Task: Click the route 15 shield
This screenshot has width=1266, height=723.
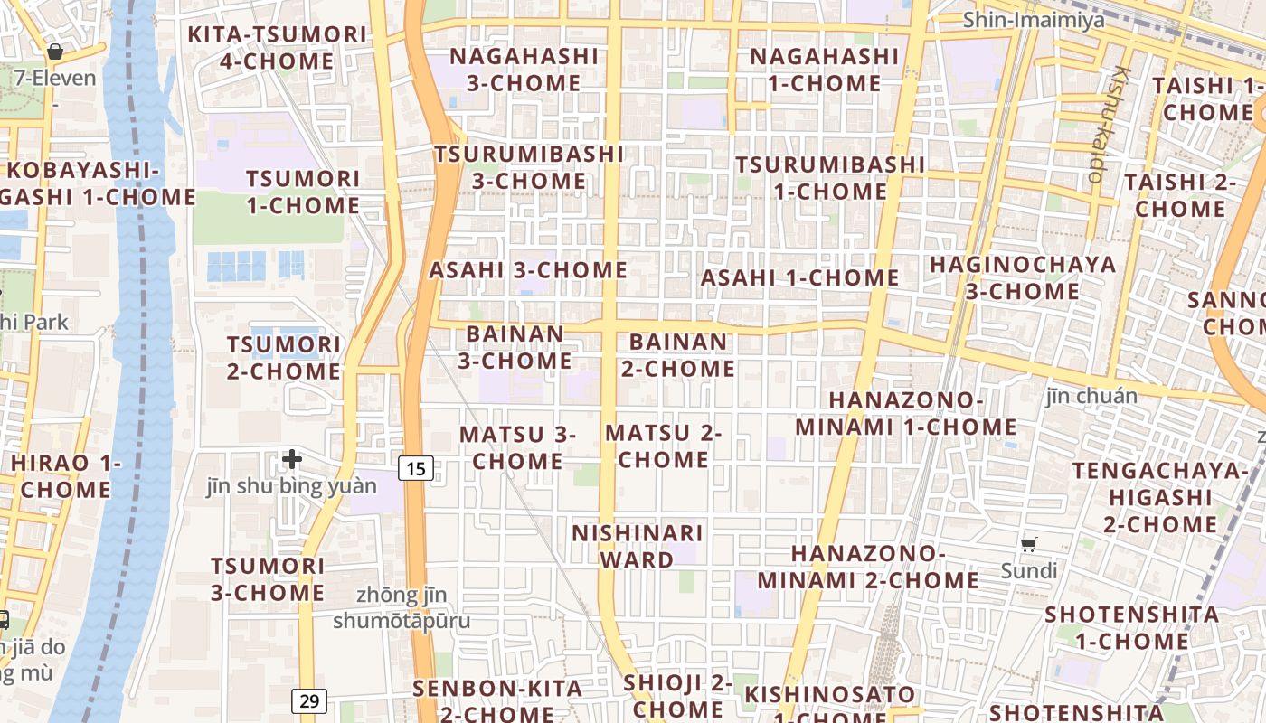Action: (415, 468)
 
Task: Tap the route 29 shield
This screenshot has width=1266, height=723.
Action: (309, 700)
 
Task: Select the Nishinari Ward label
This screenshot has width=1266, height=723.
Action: (637, 546)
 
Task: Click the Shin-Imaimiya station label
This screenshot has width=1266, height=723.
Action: (1034, 20)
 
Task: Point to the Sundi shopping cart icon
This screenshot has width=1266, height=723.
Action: (1028, 544)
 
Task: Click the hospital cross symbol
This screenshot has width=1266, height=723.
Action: (291, 459)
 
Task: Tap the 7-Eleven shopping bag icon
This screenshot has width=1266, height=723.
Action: (55, 52)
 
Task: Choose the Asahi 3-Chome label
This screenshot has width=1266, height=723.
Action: (527, 269)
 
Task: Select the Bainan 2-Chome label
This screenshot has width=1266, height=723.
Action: (677, 355)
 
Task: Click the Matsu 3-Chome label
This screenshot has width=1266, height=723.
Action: (517, 447)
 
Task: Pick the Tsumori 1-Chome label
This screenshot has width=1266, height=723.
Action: (302, 192)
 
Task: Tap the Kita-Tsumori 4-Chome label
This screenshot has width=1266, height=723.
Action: (277, 48)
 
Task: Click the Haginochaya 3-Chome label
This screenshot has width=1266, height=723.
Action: (1023, 277)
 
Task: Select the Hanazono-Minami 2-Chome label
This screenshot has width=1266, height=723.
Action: (868, 567)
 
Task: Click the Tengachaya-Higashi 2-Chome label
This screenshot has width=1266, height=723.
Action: (1160, 497)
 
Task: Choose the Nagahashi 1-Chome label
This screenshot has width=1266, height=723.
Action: (824, 70)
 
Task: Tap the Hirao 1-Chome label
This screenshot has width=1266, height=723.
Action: (65, 476)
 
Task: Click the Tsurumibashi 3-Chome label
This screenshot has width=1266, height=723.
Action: (529, 167)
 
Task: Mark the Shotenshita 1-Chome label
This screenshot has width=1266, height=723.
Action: (1131, 628)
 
